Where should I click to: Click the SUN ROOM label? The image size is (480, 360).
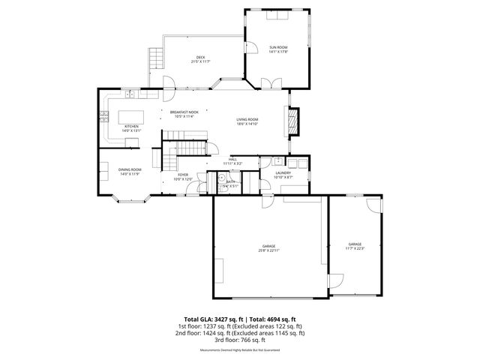[x=278, y=47]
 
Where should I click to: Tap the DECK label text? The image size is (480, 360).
[x=200, y=57]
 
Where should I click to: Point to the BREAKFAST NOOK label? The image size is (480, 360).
[x=184, y=112]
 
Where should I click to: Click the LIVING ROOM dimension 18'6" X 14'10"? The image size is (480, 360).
[x=247, y=124]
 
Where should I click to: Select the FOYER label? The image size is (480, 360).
[x=183, y=175]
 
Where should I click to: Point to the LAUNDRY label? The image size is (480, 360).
[x=283, y=173]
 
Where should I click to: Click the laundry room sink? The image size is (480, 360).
[x=277, y=160]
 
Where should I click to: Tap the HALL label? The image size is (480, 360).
[x=232, y=159]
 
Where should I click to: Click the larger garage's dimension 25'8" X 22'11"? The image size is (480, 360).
[x=268, y=250]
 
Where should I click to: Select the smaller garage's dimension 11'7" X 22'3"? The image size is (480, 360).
[x=355, y=248]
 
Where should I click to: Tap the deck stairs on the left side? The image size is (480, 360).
[x=155, y=57]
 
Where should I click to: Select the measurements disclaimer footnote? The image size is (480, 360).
[x=239, y=349]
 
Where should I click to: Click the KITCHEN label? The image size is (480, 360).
[x=131, y=127]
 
